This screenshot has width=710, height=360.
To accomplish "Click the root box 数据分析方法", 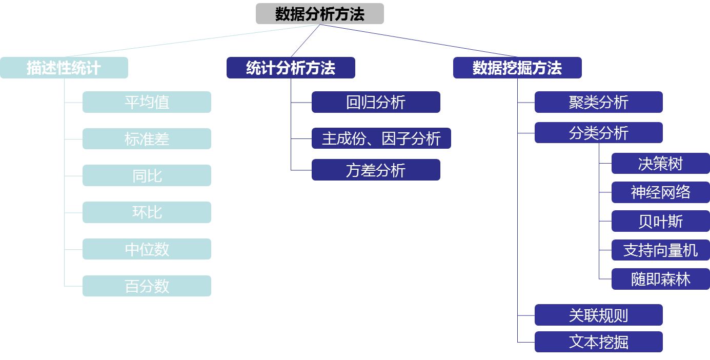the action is tap(320, 14).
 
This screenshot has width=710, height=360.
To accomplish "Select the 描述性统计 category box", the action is tap(64, 68).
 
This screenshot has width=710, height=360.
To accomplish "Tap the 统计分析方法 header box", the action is tap(291, 68).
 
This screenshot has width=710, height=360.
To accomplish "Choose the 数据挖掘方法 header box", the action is tap(517, 68).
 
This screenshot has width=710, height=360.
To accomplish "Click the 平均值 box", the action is tap(147, 102).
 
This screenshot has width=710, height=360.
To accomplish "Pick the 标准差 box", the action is tap(147, 138).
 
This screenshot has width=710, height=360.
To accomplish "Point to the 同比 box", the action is tap(147, 175).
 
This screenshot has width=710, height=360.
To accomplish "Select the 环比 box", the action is tap(147, 212).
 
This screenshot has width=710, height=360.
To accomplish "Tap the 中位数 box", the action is tap(147, 249).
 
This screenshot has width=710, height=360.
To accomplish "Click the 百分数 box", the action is tap(147, 286).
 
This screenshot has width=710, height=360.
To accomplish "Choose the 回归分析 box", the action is tap(376, 102).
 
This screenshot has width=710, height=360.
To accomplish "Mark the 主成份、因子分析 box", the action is tap(381, 138).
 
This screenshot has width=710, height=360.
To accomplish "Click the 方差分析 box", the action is tap(376, 170).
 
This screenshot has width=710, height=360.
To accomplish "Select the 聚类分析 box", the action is tap(599, 102).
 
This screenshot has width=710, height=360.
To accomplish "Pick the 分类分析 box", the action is tap(599, 133).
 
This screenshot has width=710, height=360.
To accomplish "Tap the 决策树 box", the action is tap(661, 164).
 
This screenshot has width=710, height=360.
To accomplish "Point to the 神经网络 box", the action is tap(661, 192).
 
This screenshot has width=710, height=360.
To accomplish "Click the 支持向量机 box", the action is tap(661, 250).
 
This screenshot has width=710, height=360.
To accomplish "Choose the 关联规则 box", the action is tap(599, 315).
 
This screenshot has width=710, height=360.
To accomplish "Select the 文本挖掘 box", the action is tap(599, 342).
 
